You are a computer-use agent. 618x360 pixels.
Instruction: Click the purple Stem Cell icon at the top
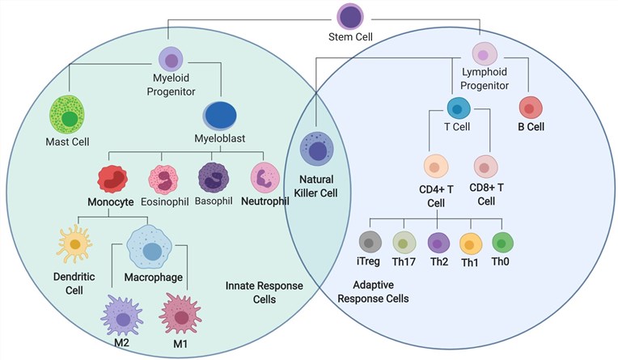tap(349, 16)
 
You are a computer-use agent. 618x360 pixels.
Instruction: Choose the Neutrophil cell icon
tap(265, 179)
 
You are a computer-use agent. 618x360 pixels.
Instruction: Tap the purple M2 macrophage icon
tap(123, 316)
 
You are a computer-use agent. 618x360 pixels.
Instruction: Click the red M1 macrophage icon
tap(183, 314)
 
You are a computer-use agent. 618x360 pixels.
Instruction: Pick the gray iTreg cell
tap(370, 242)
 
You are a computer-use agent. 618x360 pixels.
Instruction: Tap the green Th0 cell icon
tap(503, 242)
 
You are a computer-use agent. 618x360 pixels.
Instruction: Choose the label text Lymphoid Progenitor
tap(485, 79)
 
